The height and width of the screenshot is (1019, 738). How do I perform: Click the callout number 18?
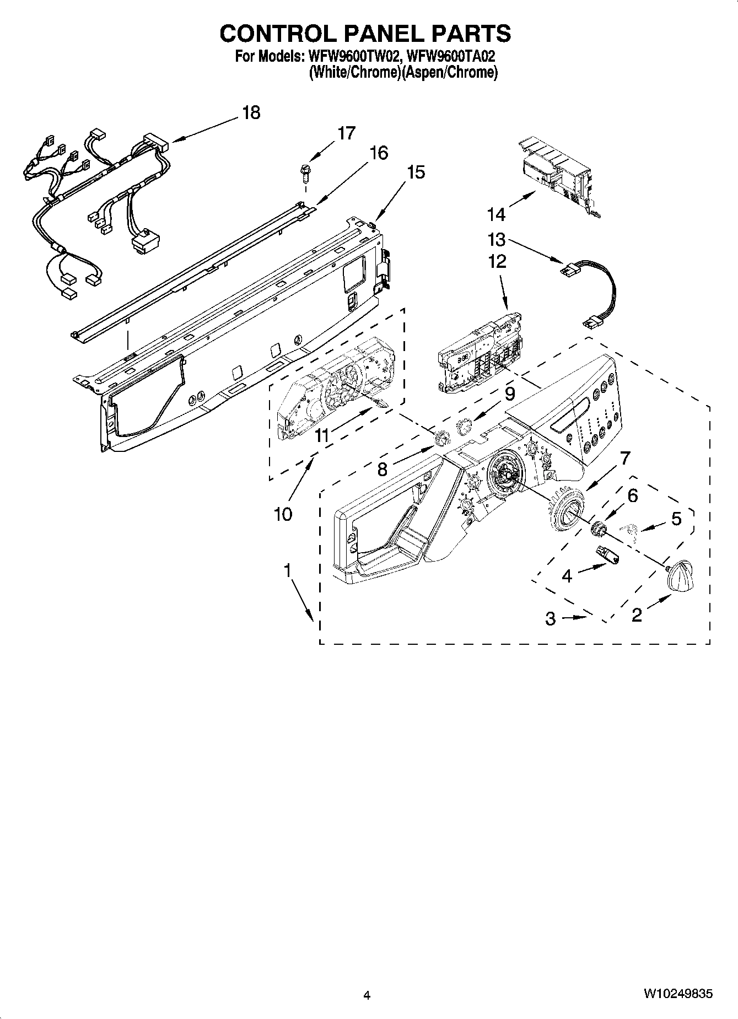(251, 113)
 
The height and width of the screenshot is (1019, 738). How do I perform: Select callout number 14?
(495, 213)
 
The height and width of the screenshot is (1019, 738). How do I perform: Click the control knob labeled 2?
(680, 576)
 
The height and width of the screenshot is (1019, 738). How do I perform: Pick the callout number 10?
(283, 514)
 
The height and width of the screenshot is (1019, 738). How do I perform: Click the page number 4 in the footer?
(367, 995)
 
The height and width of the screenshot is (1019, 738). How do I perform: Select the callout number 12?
(497, 261)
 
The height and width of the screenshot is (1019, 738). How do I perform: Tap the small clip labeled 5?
(628, 530)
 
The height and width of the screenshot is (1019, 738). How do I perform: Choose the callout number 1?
(287, 571)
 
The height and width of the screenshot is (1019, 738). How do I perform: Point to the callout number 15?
(416, 172)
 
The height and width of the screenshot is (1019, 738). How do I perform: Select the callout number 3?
(550, 619)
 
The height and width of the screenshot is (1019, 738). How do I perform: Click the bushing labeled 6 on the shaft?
(597, 528)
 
